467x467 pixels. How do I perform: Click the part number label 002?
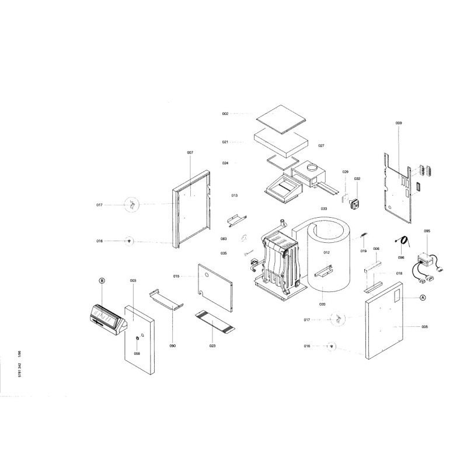click(225, 114)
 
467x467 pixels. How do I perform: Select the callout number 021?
click(225, 142)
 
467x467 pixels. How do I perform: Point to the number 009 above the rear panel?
click(399, 123)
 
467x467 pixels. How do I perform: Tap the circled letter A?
click(424, 297)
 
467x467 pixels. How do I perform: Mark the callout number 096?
click(401, 257)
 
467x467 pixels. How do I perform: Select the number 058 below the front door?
click(137, 353)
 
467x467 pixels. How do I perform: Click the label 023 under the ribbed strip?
click(212, 346)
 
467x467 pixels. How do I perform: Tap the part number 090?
click(173, 346)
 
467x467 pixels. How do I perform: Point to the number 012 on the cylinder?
click(327, 253)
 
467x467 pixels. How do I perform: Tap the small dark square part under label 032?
click(354, 203)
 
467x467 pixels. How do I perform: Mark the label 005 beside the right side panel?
click(424, 326)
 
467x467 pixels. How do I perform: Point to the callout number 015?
click(176, 276)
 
